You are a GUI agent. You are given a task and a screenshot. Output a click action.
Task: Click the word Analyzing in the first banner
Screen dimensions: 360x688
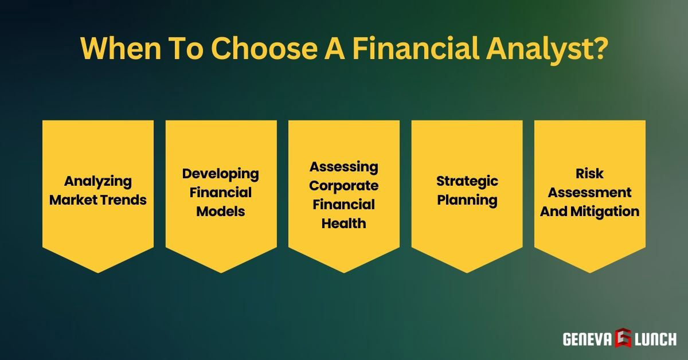pyautogui.click(x=98, y=182)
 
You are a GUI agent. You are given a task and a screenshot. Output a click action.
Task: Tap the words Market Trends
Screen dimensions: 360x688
pyautogui.click(x=98, y=200)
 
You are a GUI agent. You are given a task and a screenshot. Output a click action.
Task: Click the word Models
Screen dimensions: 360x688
pyautogui.click(x=221, y=212)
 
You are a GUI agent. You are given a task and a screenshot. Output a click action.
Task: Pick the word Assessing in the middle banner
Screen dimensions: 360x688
pyautogui.click(x=344, y=167)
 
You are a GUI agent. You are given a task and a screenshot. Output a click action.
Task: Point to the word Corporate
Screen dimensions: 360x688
pyautogui.click(x=344, y=186)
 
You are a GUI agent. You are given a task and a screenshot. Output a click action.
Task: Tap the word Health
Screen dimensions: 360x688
pyautogui.click(x=344, y=224)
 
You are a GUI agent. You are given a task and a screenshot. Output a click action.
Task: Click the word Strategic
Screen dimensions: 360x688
pyautogui.click(x=467, y=182)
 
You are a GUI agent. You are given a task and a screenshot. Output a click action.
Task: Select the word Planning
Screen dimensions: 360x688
pyautogui.click(x=467, y=200)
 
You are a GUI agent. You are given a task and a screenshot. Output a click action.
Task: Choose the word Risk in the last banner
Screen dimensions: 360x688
pyautogui.click(x=590, y=173)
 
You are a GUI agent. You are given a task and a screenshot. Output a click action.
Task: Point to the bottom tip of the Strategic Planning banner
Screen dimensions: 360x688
pyautogui.click(x=467, y=272)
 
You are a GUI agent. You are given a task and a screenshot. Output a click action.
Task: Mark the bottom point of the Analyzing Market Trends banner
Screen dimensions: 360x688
pyautogui.click(x=98, y=272)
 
